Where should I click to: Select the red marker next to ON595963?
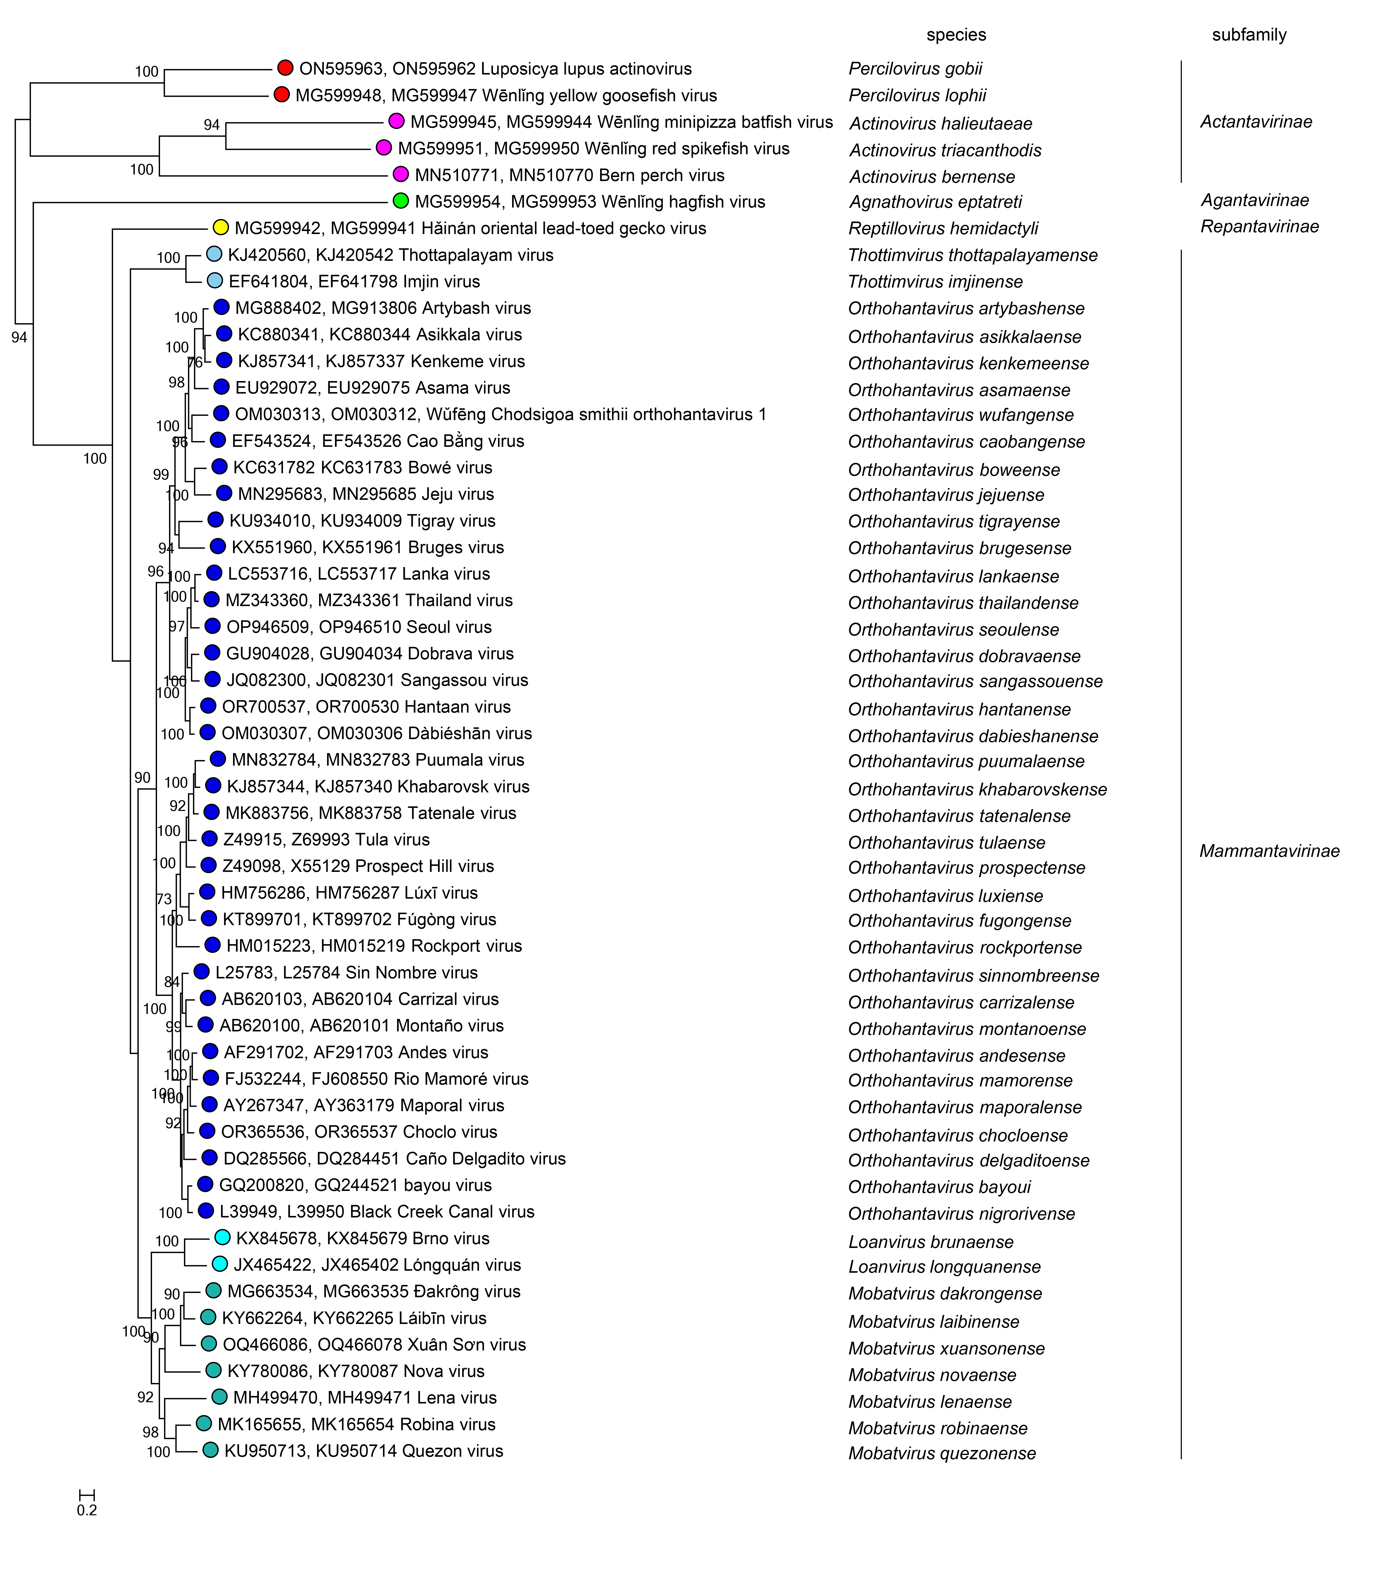click(285, 68)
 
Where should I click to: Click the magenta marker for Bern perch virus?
click(401, 175)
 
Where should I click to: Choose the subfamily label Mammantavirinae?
click(1269, 851)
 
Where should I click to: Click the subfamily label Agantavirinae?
click(1254, 200)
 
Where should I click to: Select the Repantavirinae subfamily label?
click(1259, 226)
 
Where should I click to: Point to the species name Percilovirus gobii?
click(915, 69)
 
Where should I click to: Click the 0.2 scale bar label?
click(87, 1510)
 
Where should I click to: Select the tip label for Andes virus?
click(355, 1052)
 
